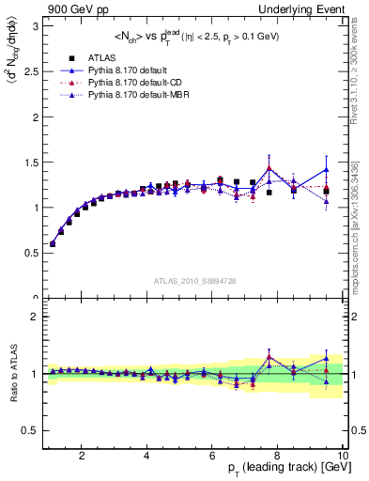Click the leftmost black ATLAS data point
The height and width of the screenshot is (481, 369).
(x=53, y=244)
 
